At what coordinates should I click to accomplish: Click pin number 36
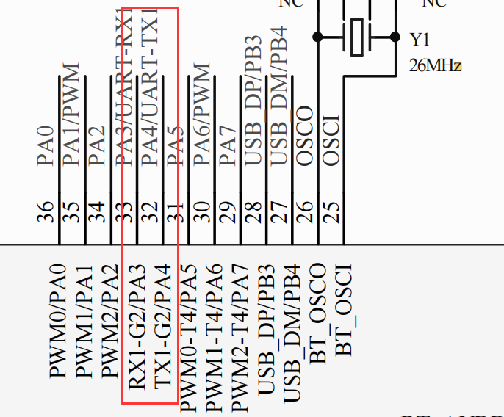click(x=46, y=213)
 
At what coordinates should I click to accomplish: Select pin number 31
click(x=175, y=213)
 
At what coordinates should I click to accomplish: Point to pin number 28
click(x=252, y=213)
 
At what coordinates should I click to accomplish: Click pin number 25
click(x=330, y=213)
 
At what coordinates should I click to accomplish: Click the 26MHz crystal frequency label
click(x=436, y=66)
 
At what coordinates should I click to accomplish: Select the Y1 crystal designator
click(x=420, y=39)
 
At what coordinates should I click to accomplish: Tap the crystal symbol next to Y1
click(x=357, y=37)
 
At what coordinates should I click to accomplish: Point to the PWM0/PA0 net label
click(x=59, y=323)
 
